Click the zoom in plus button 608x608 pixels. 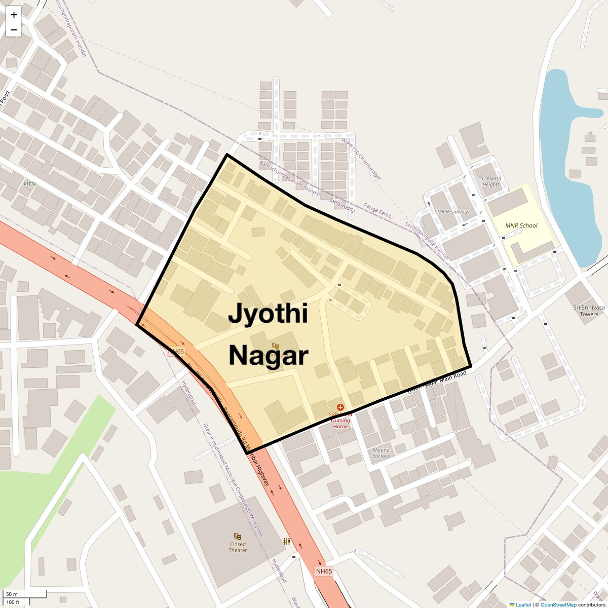tap(14, 15)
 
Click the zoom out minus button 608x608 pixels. tap(14, 30)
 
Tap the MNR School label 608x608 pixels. tap(521, 225)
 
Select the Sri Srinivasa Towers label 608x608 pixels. tap(589, 311)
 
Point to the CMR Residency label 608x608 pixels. tap(451, 212)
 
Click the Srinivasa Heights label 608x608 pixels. tap(490, 181)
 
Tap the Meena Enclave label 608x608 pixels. tap(381, 453)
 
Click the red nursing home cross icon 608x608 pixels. tap(340, 407)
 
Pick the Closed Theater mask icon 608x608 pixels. tap(237, 536)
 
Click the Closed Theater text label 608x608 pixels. tap(237, 547)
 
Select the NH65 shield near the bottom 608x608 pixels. tap(324, 571)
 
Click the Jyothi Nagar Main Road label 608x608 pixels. tap(437, 382)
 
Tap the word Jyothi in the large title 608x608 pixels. tap(268, 313)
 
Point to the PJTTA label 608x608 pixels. tap(29, 184)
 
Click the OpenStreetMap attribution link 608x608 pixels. tap(558, 604)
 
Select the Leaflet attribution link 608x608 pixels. tap(523, 604)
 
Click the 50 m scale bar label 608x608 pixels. tap(12, 594)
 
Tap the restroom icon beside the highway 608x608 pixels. tap(287, 541)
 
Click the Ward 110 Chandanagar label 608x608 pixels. tap(361, 159)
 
